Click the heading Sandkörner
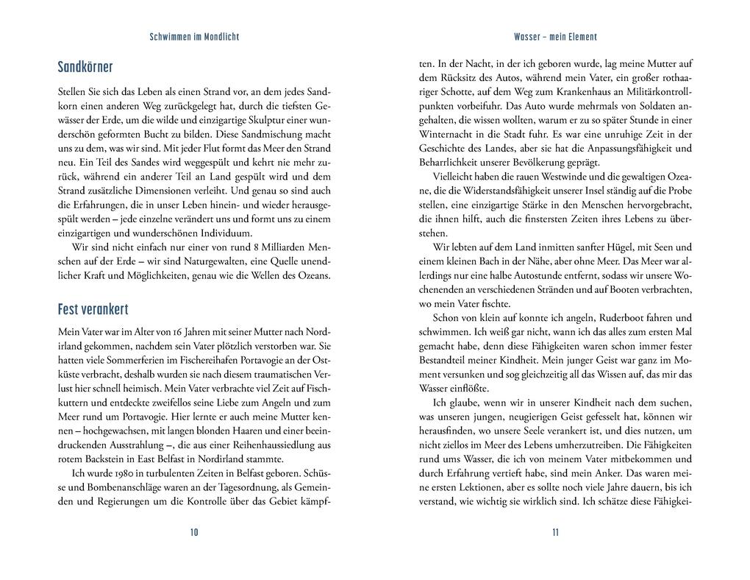[x=85, y=68]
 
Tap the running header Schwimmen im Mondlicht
[x=194, y=36]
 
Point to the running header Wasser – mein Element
[x=555, y=36]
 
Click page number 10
[x=194, y=532]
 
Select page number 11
[x=555, y=532]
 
